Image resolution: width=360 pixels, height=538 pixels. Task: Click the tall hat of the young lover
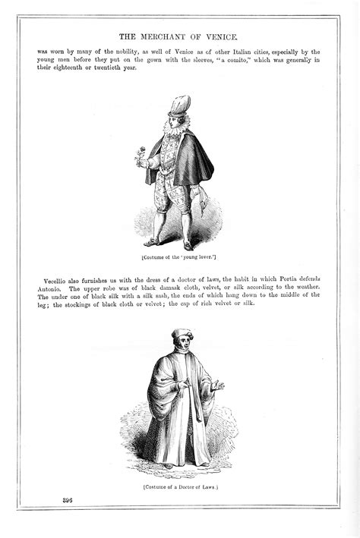[x=179, y=104]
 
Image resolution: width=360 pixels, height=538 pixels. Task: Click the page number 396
[x=68, y=499]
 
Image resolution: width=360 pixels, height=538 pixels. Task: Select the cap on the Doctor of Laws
[x=182, y=335]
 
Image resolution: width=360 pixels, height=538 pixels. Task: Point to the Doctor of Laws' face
[x=182, y=345]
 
